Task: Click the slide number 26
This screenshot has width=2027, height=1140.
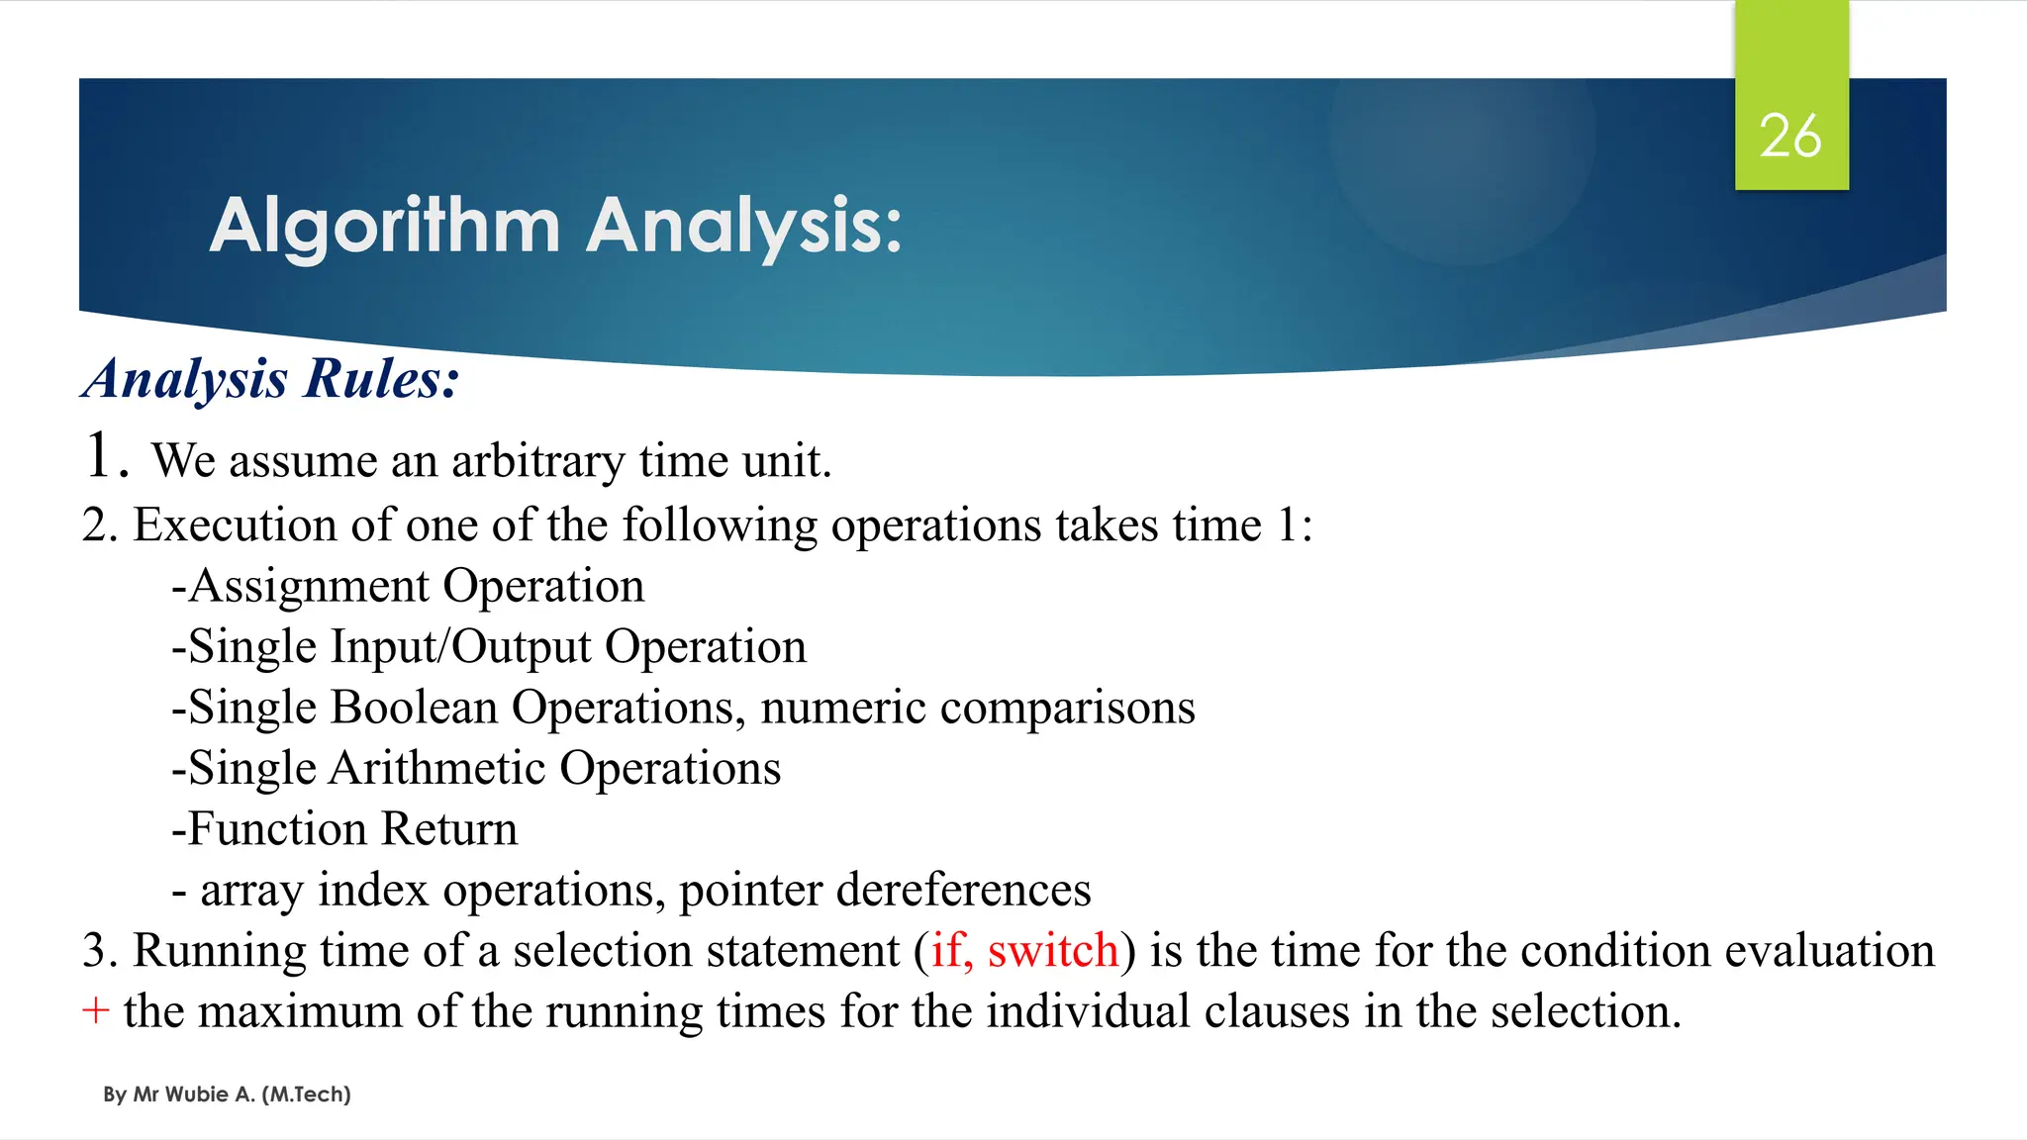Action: [x=1790, y=137]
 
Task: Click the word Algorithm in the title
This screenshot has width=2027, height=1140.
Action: [x=385, y=227]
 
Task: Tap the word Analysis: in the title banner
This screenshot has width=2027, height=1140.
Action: [x=743, y=227]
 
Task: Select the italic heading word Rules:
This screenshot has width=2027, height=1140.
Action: [x=382, y=379]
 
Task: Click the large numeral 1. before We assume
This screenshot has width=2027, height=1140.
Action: [x=106, y=456]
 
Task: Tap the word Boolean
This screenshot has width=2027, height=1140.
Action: [x=414, y=708]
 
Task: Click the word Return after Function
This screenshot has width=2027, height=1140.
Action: [x=449, y=829]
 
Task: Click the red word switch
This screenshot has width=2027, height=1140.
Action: [x=1052, y=951]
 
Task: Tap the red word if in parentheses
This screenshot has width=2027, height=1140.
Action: [x=945, y=951]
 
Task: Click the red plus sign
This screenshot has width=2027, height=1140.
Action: [x=95, y=1011]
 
